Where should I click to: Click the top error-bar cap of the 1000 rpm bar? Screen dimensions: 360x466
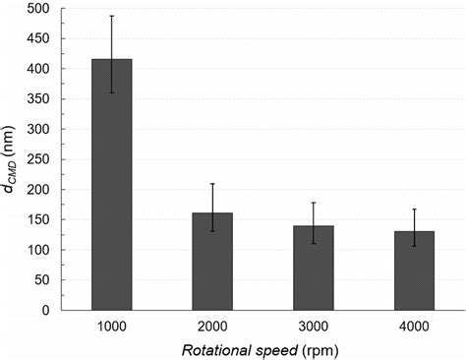[111, 16]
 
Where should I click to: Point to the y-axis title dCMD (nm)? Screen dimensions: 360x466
[13, 159]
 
